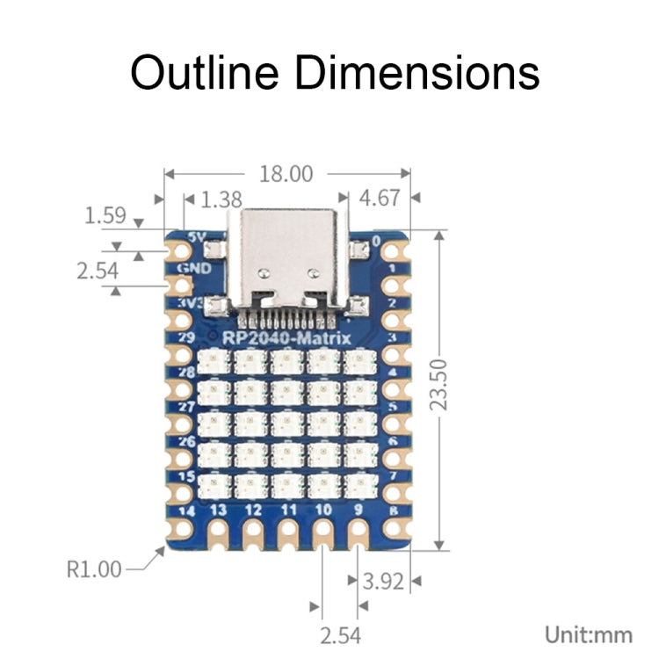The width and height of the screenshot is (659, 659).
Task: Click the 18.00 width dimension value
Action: (285, 173)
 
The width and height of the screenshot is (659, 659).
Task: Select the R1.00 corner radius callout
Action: (94, 568)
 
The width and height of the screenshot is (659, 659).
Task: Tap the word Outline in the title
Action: (205, 72)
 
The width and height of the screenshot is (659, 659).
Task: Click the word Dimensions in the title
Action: (416, 72)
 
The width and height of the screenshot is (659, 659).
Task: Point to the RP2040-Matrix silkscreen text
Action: (287, 337)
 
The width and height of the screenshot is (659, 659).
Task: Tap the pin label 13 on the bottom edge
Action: (219, 510)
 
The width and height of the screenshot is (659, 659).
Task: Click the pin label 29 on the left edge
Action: (186, 337)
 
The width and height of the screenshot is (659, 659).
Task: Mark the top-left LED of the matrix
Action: (215, 361)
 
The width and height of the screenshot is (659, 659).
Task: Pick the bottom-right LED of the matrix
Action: (358, 482)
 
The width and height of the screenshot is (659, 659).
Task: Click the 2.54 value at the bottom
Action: (339, 634)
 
